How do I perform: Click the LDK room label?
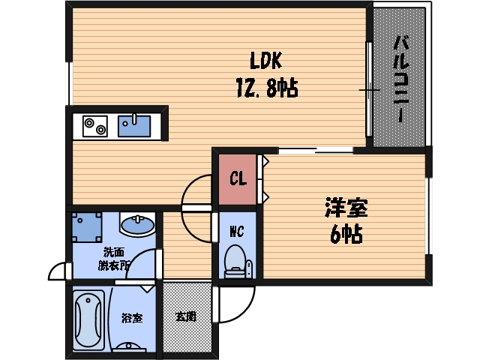coord(265,60)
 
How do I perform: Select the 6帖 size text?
coord(346,235)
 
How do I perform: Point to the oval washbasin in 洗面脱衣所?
coord(136,224)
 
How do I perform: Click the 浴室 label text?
coord(132,317)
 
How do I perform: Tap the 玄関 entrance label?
coord(186,317)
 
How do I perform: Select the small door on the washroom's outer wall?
coord(57,270)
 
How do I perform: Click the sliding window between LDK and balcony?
coord(369,90)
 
